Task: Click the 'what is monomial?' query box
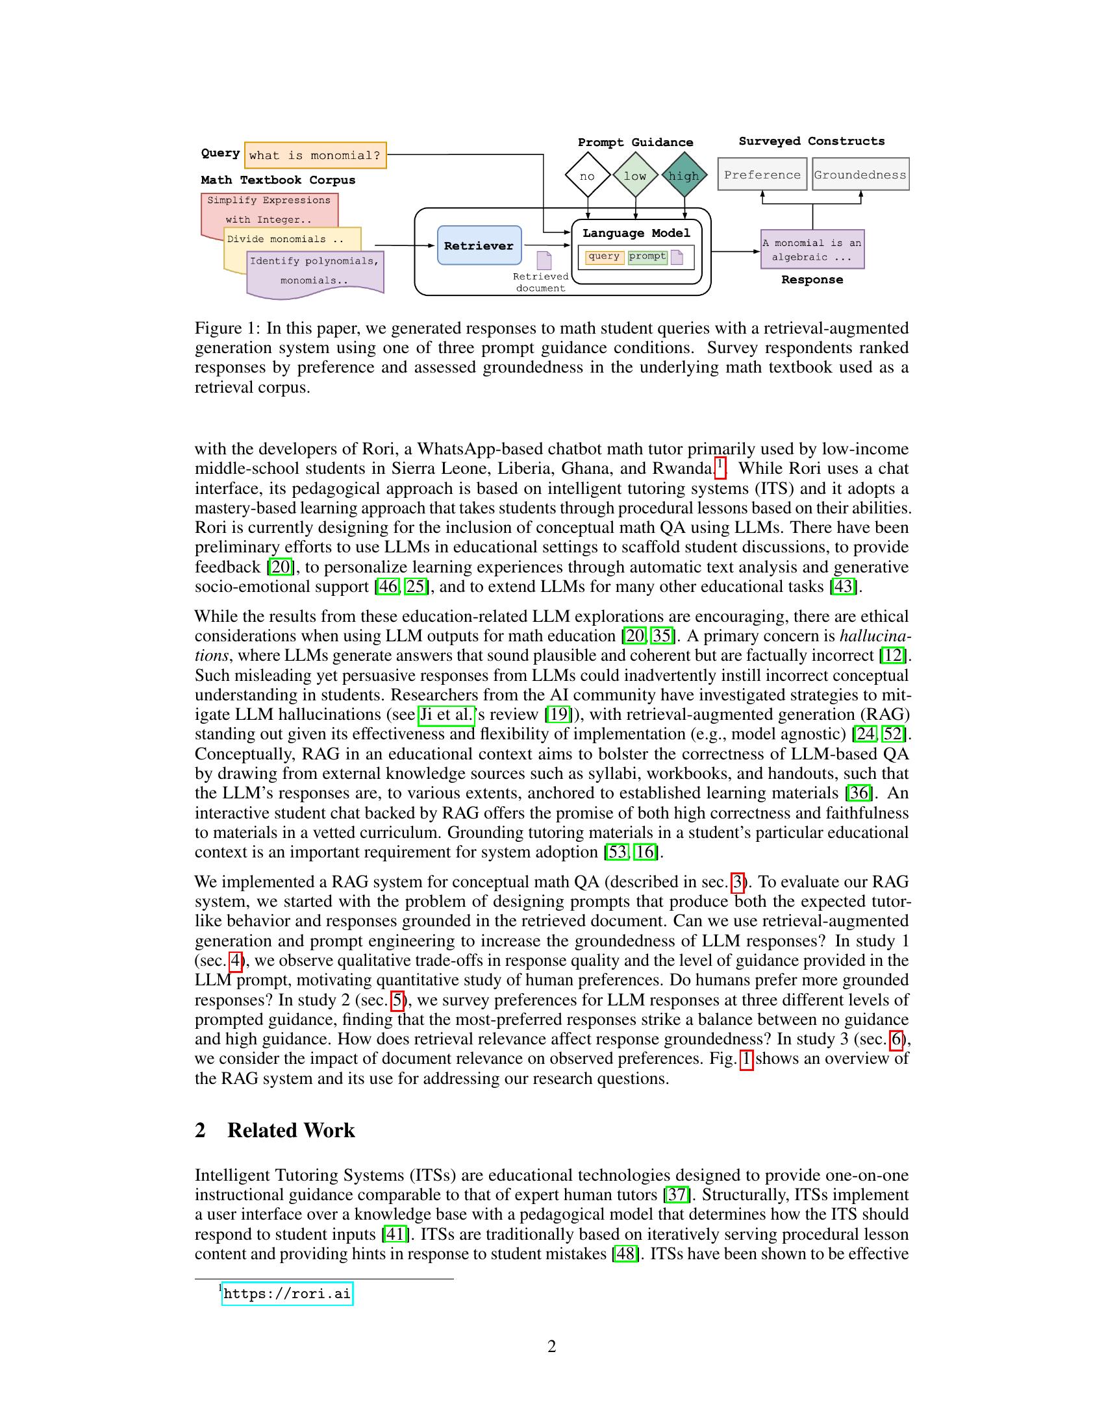tap(314, 156)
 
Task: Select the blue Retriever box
tap(479, 245)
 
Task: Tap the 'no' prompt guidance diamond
tap(587, 175)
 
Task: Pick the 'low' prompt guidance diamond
tap(635, 175)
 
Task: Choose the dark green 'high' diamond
tap(684, 175)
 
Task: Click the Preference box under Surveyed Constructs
tap(762, 175)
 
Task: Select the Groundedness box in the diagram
tap(860, 175)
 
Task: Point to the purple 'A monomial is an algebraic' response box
tap(812, 249)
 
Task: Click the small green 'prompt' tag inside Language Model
tap(647, 256)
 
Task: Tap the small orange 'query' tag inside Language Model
tap(604, 256)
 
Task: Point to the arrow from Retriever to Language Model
tap(547, 246)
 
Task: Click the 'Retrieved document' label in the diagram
tap(540, 282)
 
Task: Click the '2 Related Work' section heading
tap(275, 1131)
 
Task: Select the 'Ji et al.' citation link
tap(446, 715)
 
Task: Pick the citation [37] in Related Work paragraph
tap(677, 1194)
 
